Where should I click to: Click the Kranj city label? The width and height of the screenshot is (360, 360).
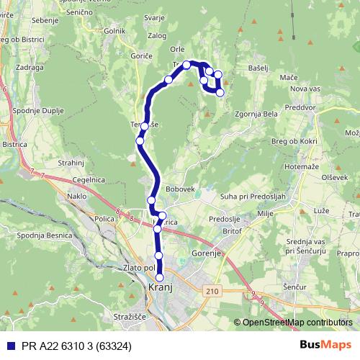click(160, 287)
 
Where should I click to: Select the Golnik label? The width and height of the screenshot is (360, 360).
click(114, 32)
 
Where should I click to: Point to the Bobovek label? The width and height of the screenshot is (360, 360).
click(181, 189)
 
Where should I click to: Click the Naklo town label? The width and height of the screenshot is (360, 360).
click(76, 196)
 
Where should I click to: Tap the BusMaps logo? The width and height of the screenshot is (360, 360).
click(325, 344)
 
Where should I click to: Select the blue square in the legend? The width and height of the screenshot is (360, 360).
click(9, 345)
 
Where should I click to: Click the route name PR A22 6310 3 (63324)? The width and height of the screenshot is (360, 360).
click(80, 345)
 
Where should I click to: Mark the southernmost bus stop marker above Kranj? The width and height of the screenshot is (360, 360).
click(160, 277)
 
